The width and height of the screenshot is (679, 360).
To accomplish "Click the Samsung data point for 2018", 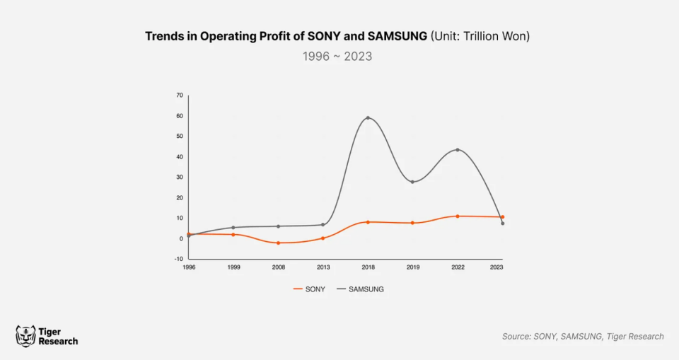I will click(x=368, y=118).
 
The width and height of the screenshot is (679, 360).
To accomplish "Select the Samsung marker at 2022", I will click(x=458, y=150).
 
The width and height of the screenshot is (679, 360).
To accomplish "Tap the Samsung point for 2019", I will click(x=412, y=182).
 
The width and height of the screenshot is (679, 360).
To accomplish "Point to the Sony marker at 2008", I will click(x=278, y=243).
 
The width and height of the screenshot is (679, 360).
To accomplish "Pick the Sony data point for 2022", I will click(x=458, y=216).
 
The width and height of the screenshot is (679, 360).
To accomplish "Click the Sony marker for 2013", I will click(x=323, y=238).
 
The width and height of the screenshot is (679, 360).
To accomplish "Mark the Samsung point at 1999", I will click(x=233, y=228).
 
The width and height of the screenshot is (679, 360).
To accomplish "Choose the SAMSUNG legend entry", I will click(x=360, y=289).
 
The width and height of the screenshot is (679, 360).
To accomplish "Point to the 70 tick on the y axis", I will click(x=180, y=95).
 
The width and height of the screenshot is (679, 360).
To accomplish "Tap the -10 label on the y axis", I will click(x=179, y=259).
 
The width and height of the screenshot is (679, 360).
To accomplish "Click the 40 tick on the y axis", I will click(x=180, y=157).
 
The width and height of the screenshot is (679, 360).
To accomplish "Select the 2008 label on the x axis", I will click(x=278, y=268).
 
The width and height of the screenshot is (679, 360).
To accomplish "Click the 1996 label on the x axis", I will click(x=189, y=268).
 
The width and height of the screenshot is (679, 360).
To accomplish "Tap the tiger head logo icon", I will click(x=25, y=336).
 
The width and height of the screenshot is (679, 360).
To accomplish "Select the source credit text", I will click(x=583, y=337).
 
